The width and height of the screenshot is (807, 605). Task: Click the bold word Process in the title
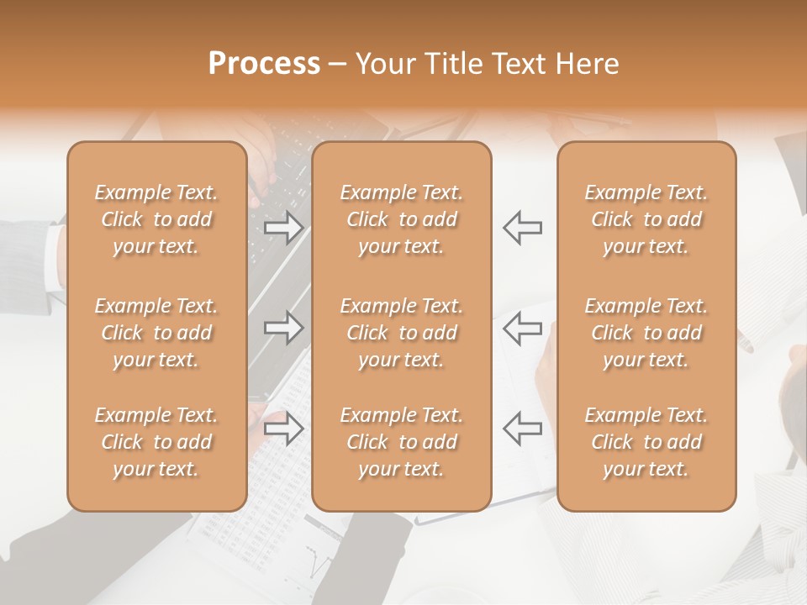(x=264, y=64)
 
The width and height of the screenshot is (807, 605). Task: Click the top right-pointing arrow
(x=283, y=228)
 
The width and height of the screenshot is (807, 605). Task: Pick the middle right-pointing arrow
(x=283, y=327)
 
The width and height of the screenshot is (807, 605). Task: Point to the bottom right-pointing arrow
(x=283, y=429)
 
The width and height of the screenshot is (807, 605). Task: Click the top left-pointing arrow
(x=522, y=228)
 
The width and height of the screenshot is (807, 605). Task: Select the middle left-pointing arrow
(x=522, y=327)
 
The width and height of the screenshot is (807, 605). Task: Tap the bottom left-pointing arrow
(x=522, y=429)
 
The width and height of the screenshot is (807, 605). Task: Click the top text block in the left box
(x=156, y=219)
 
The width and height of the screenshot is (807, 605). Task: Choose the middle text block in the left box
(x=156, y=333)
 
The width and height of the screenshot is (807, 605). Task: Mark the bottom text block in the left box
(x=156, y=442)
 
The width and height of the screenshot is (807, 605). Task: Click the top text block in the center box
(x=401, y=219)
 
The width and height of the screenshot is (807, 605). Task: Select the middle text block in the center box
(x=401, y=333)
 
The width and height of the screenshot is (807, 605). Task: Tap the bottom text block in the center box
(x=401, y=442)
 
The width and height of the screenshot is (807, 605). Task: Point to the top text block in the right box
(x=646, y=219)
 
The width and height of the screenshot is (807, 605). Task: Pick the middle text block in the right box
(x=646, y=333)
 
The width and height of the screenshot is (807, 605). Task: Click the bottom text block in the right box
(x=646, y=442)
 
